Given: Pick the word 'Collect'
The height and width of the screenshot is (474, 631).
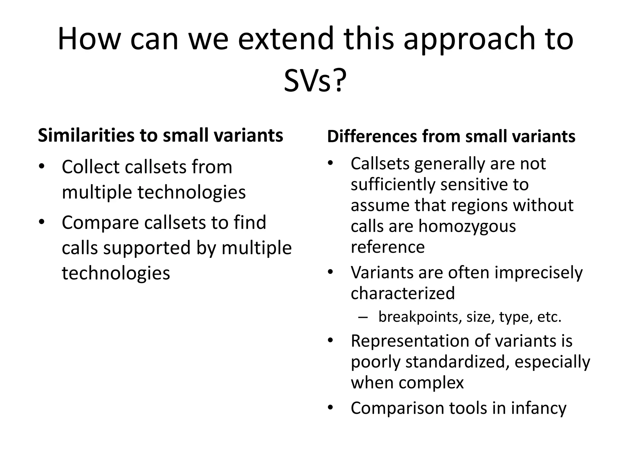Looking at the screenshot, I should pos(91,167).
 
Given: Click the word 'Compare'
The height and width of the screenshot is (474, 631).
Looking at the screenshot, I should pos(100,222).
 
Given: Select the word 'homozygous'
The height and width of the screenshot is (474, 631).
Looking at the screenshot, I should pos(467,227).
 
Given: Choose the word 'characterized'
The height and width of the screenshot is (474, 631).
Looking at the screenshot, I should pos(403,293).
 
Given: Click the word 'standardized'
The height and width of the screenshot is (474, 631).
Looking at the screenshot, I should pos(455,362).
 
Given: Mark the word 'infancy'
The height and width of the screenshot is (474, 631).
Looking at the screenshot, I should pos(539,408).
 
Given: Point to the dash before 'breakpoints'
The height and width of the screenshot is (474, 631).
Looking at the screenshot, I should pos(363,317).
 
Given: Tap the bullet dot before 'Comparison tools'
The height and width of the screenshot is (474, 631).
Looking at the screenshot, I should pos(331,408).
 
